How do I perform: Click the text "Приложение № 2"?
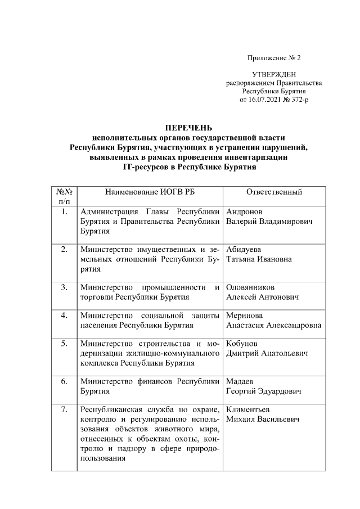274,58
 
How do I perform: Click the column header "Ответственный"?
274,192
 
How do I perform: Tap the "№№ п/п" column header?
65,196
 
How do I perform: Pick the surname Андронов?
246,212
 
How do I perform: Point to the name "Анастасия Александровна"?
273,325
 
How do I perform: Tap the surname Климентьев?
248,409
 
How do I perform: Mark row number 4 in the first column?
65,316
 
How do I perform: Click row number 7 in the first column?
65,409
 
